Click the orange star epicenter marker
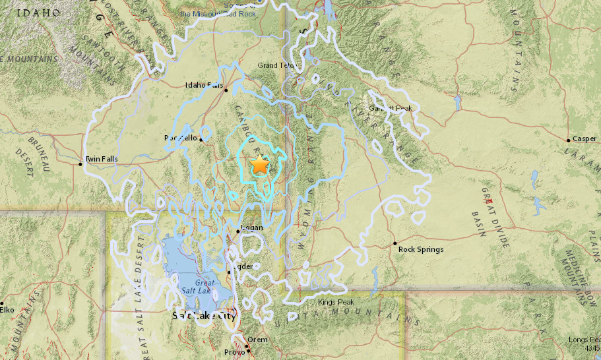(260, 165)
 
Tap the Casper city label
(585, 139)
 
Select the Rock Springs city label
(421, 249)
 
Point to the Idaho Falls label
(205, 85)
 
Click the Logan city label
(253, 227)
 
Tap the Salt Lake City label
(203, 316)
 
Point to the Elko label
(7, 309)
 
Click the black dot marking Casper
(569, 140)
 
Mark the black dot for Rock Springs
(395, 243)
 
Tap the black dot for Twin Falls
(81, 164)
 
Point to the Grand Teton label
(277, 65)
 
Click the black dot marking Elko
(2, 303)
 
